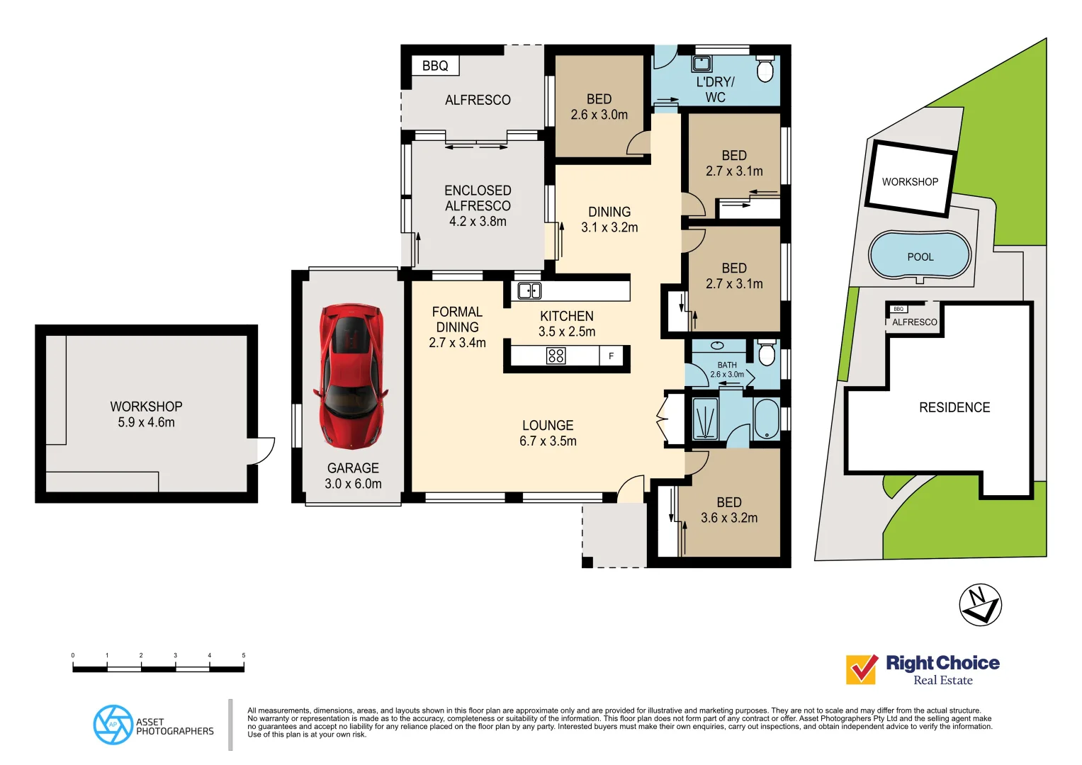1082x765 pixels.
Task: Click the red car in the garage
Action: (352, 376)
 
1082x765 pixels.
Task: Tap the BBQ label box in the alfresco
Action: (435, 66)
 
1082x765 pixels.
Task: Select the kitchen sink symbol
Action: (529, 290)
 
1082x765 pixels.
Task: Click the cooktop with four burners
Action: (556, 356)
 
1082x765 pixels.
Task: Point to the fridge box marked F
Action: (611, 356)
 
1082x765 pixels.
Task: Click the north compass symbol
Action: (980, 605)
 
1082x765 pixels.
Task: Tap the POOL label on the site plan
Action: (920, 257)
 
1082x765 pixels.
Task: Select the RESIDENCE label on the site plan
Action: (954, 407)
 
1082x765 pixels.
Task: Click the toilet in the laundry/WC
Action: (765, 69)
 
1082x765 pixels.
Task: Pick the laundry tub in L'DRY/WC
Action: (701, 64)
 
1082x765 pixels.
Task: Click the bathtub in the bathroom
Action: (766, 419)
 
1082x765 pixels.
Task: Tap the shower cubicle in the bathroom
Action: (704, 419)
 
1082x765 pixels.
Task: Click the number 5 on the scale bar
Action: (243, 656)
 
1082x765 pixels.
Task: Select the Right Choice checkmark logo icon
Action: (862, 669)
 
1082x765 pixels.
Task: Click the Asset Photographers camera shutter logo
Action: (113, 725)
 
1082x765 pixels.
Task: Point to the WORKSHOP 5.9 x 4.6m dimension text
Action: (146, 422)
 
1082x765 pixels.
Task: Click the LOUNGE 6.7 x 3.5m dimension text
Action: (548, 441)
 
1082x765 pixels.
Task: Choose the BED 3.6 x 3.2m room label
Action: (728, 510)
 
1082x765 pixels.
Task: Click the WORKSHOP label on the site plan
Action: (910, 182)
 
